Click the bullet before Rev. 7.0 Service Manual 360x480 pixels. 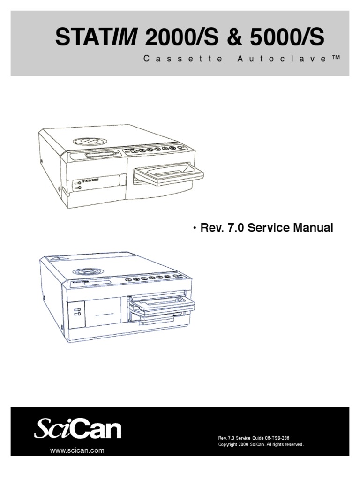point(194,228)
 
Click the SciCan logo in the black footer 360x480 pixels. point(78,429)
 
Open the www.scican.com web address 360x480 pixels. point(77,450)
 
